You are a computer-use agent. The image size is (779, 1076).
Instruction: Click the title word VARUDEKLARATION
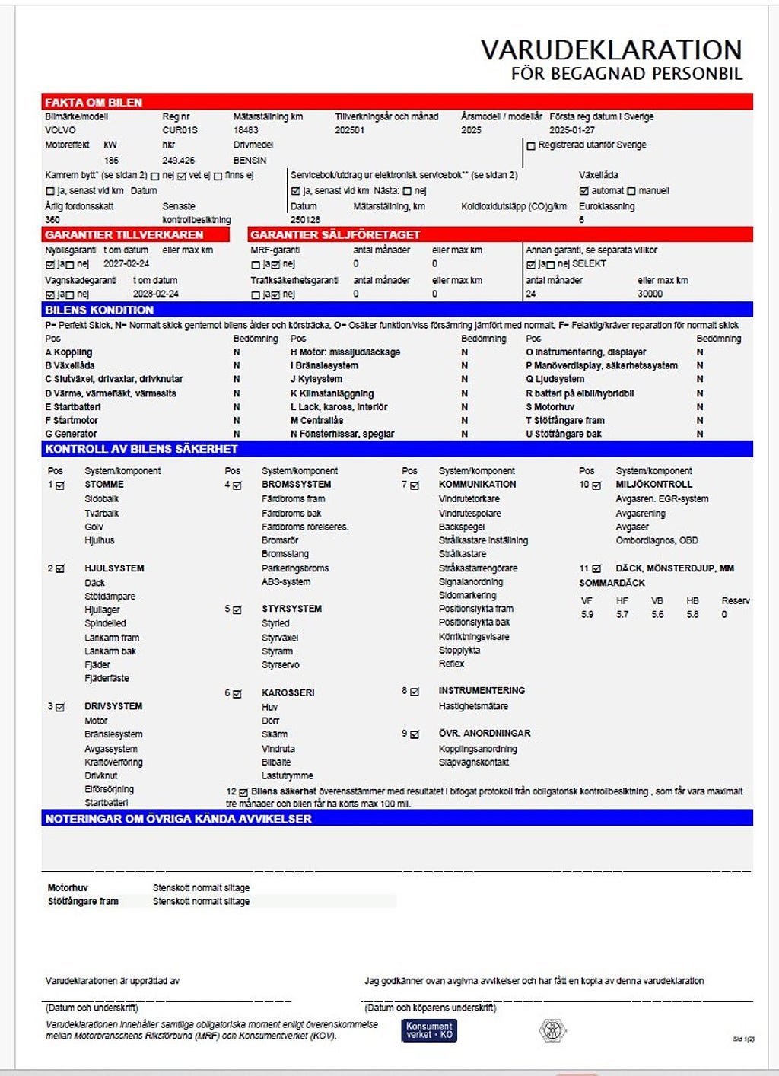[611, 50]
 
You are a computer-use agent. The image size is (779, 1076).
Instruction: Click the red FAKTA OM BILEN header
[94, 103]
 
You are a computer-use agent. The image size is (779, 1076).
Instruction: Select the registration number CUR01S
[180, 130]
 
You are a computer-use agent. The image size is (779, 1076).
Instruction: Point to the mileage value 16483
[246, 130]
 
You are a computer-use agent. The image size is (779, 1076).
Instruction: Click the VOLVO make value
[60, 130]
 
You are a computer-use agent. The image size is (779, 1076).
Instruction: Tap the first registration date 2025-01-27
[572, 130]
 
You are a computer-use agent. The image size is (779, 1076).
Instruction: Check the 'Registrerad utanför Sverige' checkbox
[531, 145]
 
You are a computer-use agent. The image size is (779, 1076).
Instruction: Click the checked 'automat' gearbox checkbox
[583, 191]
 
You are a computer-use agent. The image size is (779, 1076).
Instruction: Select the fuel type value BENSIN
[250, 161]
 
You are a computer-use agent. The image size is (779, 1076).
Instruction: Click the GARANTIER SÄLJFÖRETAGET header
[335, 235]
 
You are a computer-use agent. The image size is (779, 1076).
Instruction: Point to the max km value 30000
[650, 294]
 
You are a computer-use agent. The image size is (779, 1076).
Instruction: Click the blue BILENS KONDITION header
[99, 310]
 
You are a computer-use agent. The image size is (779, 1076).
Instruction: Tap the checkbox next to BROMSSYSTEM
[237, 485]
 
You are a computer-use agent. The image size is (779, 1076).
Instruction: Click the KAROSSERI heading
[288, 693]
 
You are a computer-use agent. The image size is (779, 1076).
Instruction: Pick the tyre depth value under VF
[587, 614]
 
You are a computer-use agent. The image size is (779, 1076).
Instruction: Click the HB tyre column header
[692, 600]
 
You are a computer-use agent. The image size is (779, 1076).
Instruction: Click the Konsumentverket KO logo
[429, 1030]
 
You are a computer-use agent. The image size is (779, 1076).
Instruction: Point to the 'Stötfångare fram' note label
[83, 902]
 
